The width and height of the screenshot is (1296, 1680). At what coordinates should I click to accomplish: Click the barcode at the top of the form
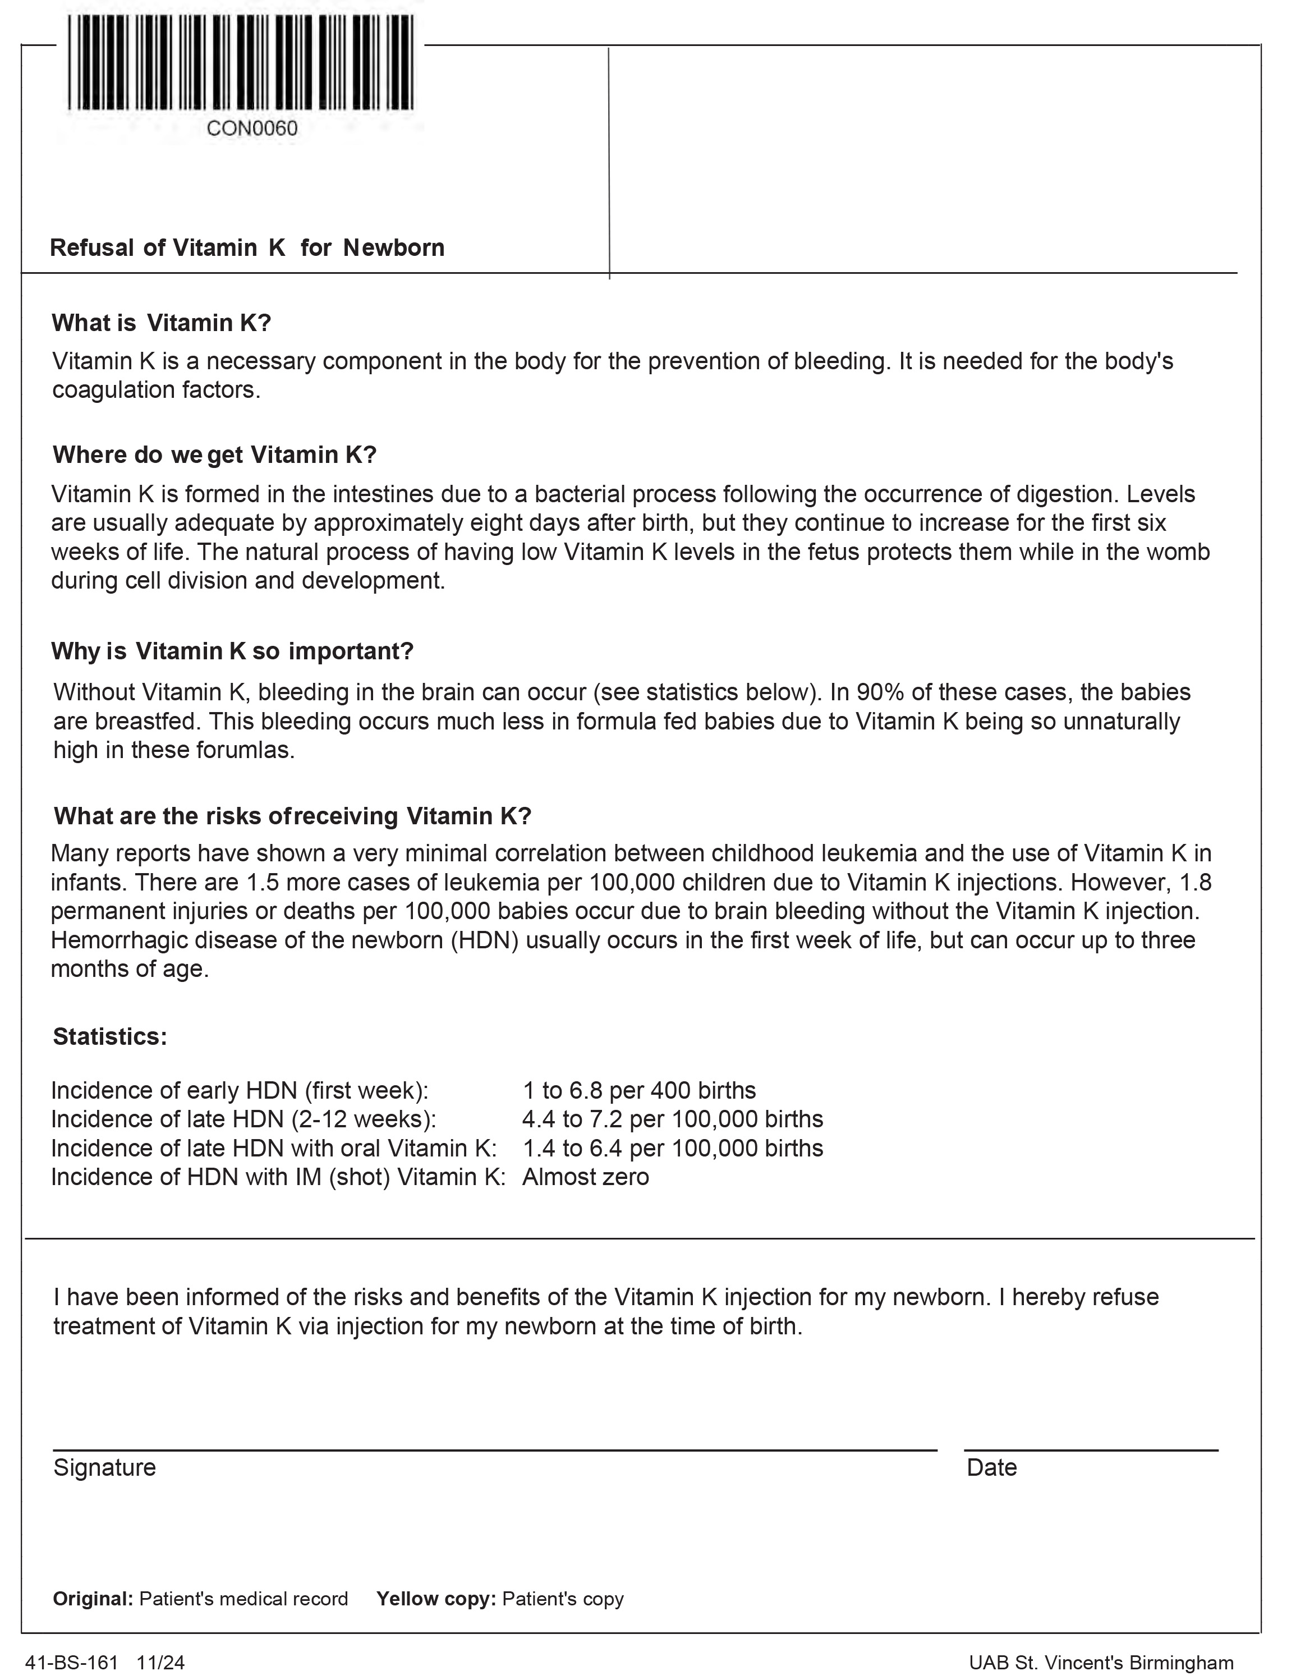(241, 63)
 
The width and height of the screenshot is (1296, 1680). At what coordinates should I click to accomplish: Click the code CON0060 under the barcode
(251, 128)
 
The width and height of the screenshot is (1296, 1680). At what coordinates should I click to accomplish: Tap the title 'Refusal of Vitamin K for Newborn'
(247, 247)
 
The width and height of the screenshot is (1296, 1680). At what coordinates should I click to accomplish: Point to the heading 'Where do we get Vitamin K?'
(214, 455)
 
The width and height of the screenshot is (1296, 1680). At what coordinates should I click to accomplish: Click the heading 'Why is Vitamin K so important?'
(232, 651)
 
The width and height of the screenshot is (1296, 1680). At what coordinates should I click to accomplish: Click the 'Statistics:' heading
(110, 1036)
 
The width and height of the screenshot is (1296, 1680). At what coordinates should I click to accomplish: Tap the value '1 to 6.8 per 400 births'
(639, 1090)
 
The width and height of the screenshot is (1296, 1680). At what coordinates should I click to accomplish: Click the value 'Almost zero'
(585, 1176)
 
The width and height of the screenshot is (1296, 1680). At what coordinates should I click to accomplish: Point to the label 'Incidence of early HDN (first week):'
(239, 1090)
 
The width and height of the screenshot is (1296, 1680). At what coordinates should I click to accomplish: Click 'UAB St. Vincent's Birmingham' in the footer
(1101, 1663)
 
